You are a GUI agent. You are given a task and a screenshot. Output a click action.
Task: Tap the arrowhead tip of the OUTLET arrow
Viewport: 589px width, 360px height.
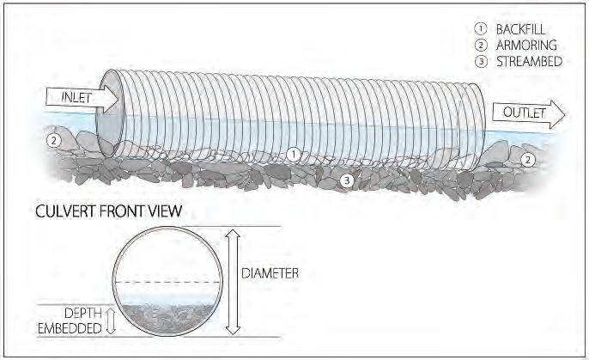click(566, 113)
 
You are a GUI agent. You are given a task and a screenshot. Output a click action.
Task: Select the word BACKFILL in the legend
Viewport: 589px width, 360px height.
click(520, 29)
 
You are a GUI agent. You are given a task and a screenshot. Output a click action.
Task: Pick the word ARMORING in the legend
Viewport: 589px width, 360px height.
click(523, 45)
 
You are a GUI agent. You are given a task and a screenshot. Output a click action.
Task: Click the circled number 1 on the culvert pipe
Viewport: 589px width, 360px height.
click(293, 155)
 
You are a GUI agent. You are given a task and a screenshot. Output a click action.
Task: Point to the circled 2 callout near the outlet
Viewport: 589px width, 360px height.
click(528, 160)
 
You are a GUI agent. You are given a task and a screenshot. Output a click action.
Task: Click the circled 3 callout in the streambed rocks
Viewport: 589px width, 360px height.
click(346, 180)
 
